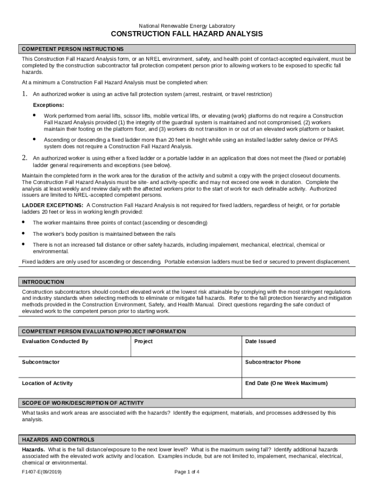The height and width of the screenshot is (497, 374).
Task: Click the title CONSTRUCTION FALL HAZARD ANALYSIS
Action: pos(187,34)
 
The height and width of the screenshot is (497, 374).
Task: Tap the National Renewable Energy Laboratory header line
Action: pos(187,25)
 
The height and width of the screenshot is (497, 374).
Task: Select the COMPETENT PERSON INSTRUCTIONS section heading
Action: pos(73,49)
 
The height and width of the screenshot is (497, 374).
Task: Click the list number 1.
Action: pos(24,94)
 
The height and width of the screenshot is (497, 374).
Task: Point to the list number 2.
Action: pos(24,158)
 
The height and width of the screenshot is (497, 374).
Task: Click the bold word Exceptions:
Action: pos(48,105)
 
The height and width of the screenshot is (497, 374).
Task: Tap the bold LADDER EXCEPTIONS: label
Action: pos(52,205)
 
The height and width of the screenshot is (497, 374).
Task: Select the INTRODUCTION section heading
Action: pos(43,282)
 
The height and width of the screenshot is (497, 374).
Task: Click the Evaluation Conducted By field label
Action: pos(55,341)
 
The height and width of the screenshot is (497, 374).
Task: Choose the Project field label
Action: pos(143,341)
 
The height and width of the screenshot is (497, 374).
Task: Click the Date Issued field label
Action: pos(260,341)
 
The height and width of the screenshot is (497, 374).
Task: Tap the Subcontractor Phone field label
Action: pos(273,362)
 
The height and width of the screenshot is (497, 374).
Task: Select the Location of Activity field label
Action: pos(47,383)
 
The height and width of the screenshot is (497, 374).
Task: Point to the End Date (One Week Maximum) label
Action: pos(287,383)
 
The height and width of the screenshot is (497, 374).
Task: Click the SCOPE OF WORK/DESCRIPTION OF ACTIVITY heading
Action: pos(83,403)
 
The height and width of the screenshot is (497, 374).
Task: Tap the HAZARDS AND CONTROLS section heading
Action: pos(58,439)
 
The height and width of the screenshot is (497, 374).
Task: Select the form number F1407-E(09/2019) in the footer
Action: pos(42,472)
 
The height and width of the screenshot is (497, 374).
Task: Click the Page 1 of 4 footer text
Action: pos(187,472)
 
